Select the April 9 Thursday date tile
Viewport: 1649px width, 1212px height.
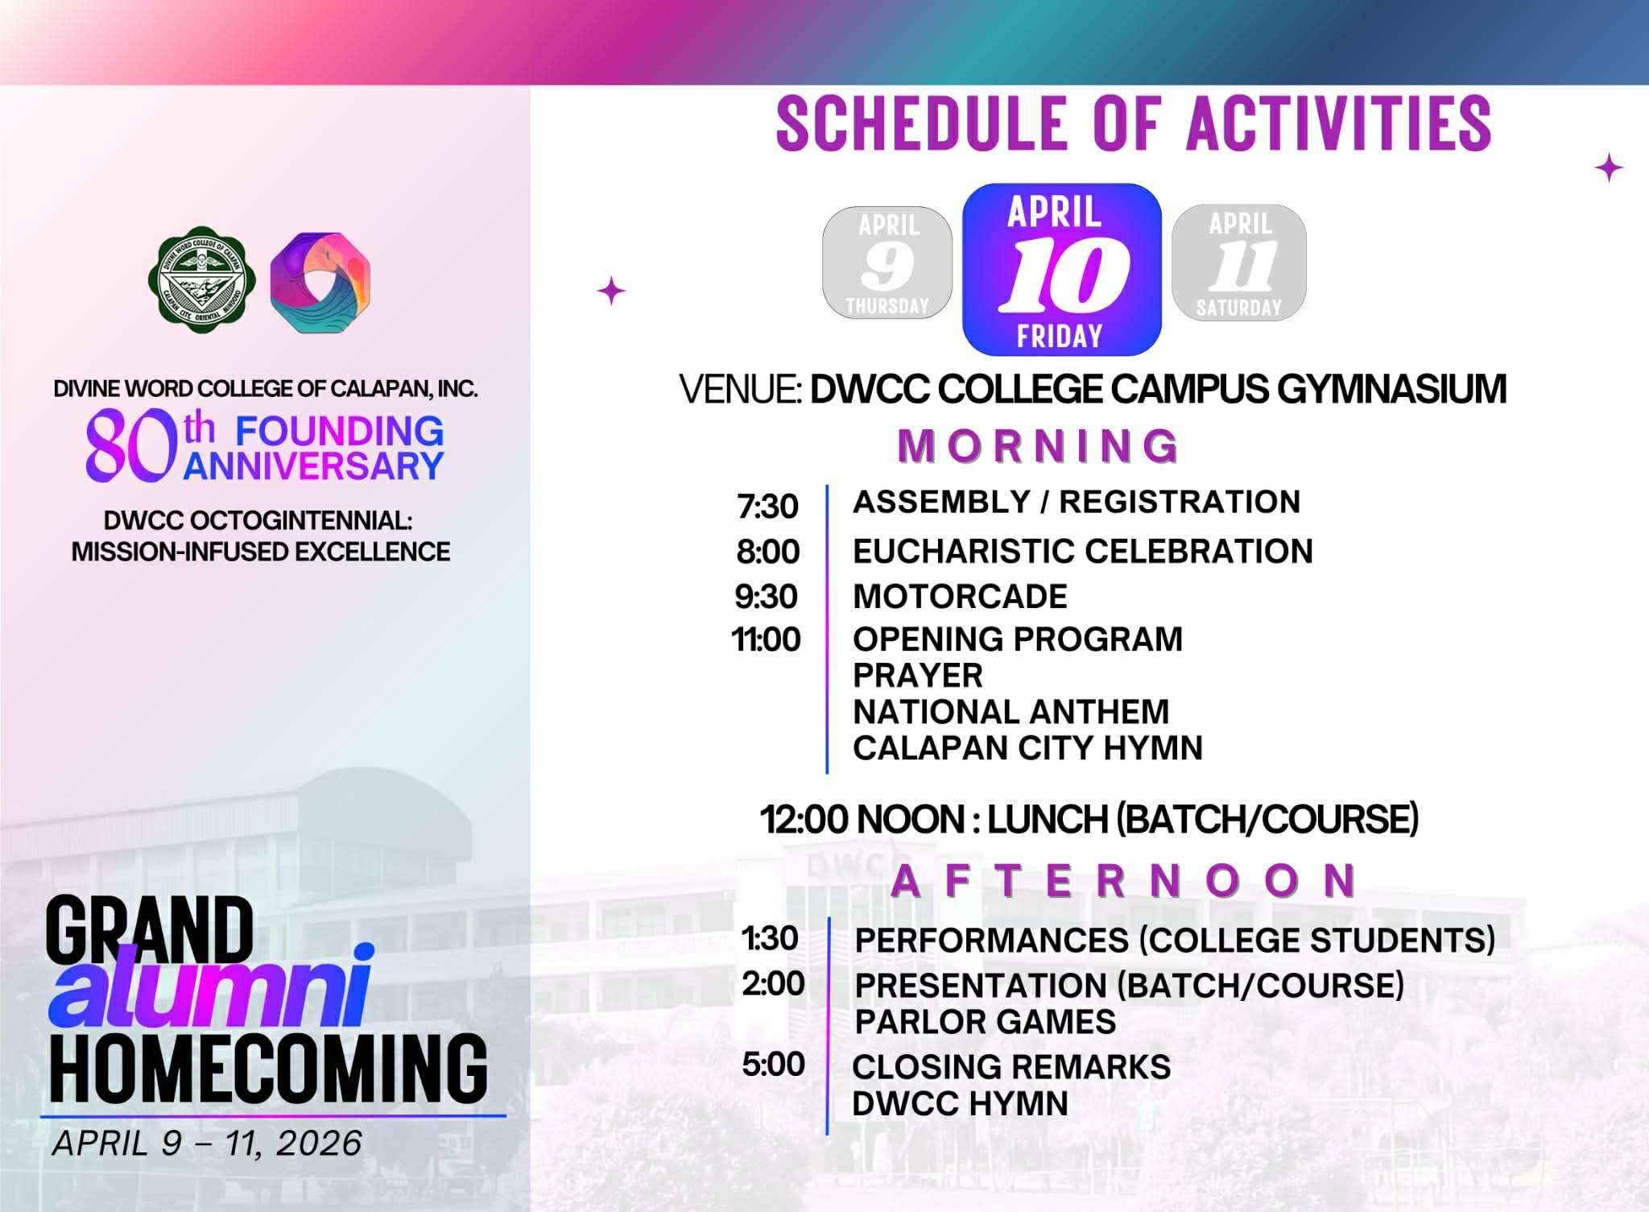pyautogui.click(x=887, y=263)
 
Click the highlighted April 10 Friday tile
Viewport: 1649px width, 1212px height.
pyautogui.click(x=1062, y=270)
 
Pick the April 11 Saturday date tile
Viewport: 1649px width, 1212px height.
pyautogui.click(x=1239, y=263)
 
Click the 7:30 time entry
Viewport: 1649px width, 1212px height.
pyautogui.click(x=767, y=507)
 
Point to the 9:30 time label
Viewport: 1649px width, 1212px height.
pyautogui.click(x=766, y=597)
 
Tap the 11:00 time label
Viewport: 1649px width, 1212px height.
pyautogui.click(x=766, y=639)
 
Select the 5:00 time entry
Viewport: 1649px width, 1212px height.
pyautogui.click(x=773, y=1065)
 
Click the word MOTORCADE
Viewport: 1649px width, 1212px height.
pyautogui.click(x=960, y=597)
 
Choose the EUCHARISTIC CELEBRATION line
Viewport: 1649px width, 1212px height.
pyautogui.click(x=1083, y=552)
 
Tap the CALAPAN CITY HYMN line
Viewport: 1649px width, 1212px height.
pyautogui.click(x=1027, y=748)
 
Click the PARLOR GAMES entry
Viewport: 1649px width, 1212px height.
pyautogui.click(x=986, y=1022)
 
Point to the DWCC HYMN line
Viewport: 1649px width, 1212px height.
pyautogui.click(x=960, y=1104)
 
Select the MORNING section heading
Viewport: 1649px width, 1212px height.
pyautogui.click(x=1039, y=446)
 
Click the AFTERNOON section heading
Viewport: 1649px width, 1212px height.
pyautogui.click(x=1125, y=880)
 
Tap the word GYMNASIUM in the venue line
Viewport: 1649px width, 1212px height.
pyautogui.click(x=1391, y=389)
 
